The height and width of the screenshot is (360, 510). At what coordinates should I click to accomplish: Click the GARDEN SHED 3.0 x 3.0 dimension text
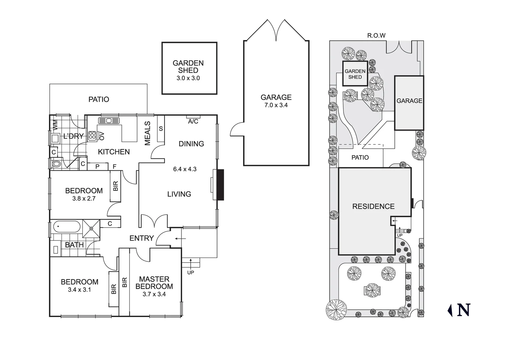(x=188, y=78)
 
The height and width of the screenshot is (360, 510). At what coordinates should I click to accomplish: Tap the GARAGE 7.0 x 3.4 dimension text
(x=276, y=105)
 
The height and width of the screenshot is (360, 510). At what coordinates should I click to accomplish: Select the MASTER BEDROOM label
(x=154, y=283)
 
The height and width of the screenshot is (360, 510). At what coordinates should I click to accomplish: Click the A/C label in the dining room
(x=193, y=122)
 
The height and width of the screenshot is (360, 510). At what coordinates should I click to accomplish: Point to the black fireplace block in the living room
(x=220, y=185)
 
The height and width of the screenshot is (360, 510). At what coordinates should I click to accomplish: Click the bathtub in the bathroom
(x=67, y=227)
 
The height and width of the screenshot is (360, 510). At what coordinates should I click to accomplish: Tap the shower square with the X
(x=91, y=228)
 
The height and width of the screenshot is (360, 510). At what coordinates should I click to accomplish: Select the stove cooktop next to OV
(x=92, y=136)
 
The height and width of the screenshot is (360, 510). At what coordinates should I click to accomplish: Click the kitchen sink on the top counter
(x=109, y=120)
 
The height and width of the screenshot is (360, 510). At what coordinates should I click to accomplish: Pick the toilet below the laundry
(x=56, y=164)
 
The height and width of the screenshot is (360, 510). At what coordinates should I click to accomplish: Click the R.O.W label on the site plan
(x=376, y=35)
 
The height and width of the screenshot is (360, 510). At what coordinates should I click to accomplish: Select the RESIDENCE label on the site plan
(x=373, y=206)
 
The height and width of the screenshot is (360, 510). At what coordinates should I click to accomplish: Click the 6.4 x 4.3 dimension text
(x=185, y=169)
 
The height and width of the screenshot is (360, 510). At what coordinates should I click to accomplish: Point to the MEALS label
(x=147, y=133)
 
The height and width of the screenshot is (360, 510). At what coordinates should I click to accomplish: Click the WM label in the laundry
(x=55, y=125)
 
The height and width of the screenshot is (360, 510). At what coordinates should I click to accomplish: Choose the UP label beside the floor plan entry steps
(x=190, y=272)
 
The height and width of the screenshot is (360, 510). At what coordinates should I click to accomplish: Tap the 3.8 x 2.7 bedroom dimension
(x=84, y=199)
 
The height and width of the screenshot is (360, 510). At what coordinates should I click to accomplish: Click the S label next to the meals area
(x=161, y=129)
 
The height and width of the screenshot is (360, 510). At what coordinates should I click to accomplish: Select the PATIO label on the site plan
(x=360, y=158)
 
